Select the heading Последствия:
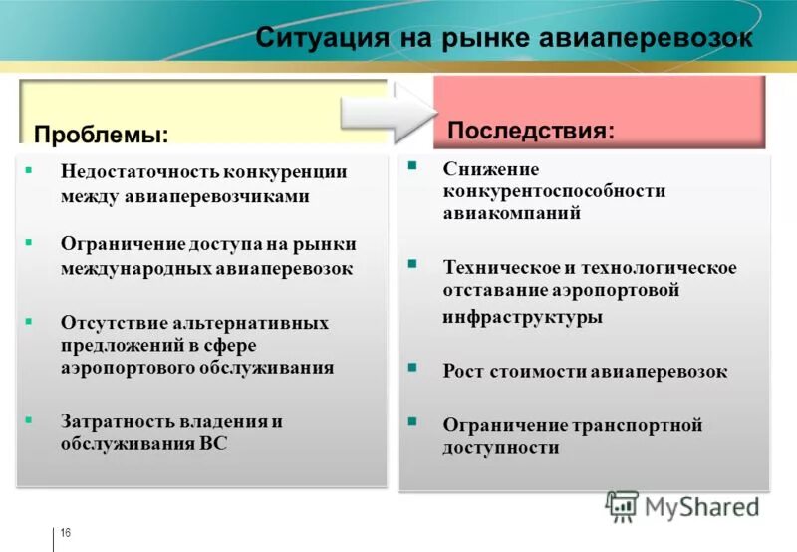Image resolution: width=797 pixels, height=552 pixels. coord(530,131)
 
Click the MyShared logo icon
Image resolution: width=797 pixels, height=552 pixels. coord(622,506)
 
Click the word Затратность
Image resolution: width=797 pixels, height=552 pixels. coord(109,421)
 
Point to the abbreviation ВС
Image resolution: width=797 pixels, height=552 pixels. coord(213,444)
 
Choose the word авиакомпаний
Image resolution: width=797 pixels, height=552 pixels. coord(512,213)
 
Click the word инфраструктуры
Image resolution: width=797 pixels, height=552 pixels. coord(522,317)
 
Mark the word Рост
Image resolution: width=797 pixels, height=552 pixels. coord(464,372)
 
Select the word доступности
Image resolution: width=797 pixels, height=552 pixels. coord(501,448)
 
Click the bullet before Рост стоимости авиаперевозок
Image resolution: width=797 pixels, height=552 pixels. coord(411,368)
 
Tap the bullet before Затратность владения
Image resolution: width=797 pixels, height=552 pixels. coord(28,418)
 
